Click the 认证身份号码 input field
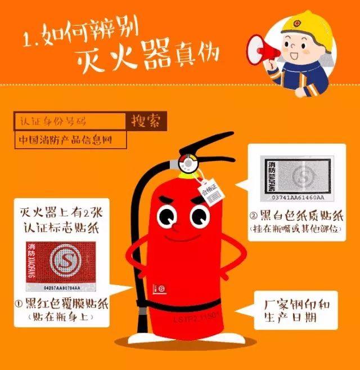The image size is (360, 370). tap(70, 121)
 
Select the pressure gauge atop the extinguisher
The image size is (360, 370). tap(187, 163)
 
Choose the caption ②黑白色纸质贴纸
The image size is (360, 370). tap(295, 216)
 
